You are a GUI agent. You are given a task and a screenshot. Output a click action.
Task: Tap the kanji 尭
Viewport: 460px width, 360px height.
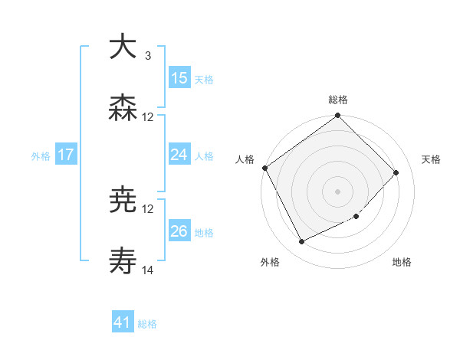click(123, 201)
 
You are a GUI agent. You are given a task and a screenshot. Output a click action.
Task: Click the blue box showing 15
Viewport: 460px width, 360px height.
click(179, 77)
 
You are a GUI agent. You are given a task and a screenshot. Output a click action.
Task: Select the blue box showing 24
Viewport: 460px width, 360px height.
click(179, 155)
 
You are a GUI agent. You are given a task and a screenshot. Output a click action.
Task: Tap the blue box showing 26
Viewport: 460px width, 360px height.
click(179, 231)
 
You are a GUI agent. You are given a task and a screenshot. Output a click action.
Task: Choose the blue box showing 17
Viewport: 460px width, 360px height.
click(66, 155)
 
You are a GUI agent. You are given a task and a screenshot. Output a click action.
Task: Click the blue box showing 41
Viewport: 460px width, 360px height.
click(123, 322)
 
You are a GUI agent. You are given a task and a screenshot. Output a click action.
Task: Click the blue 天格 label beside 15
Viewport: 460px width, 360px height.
click(204, 79)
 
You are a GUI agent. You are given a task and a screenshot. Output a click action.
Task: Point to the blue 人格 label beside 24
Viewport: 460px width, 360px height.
click(204, 155)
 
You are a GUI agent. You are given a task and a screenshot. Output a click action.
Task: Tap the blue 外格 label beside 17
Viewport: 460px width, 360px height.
click(41, 155)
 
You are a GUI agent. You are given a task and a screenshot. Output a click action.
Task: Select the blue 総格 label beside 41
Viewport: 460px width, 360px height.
click(147, 324)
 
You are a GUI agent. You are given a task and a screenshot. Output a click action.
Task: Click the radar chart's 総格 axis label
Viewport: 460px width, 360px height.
click(338, 100)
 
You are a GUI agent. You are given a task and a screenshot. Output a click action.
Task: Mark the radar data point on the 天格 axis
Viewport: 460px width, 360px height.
click(396, 172)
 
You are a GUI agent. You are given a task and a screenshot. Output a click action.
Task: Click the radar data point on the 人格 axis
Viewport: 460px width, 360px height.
click(264, 168)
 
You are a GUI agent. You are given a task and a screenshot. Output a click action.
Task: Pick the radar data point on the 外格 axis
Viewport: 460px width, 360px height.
click(302, 242)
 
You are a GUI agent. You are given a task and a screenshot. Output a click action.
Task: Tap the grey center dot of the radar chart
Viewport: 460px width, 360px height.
click(338, 191)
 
